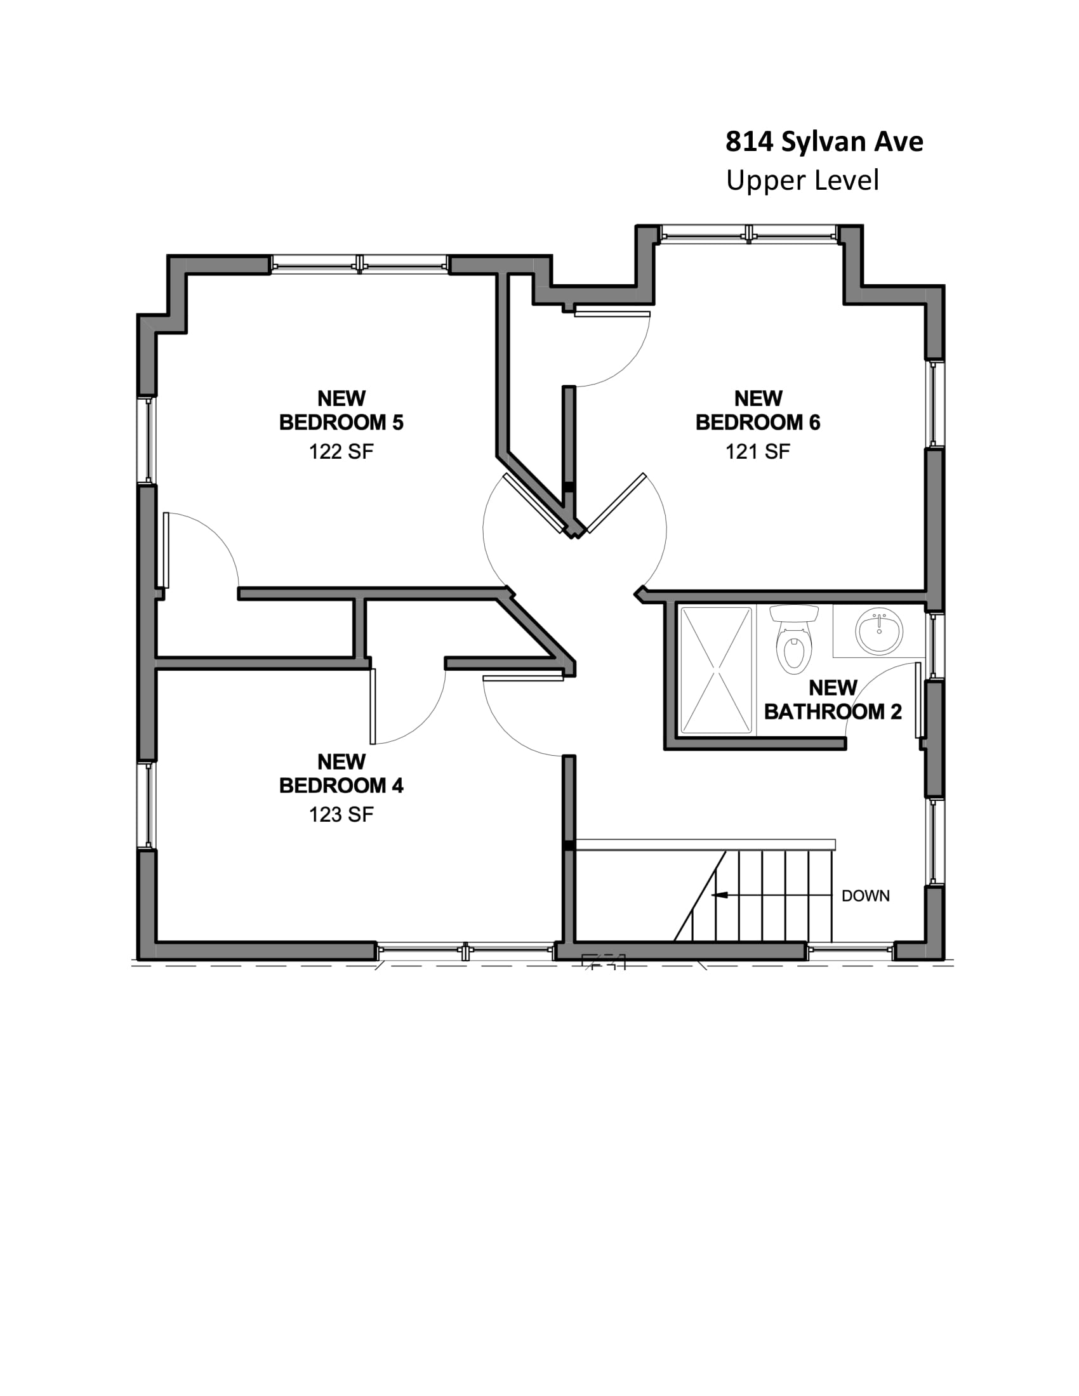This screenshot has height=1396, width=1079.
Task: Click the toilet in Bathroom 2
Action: click(x=793, y=639)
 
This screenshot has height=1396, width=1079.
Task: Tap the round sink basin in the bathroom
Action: click(x=879, y=631)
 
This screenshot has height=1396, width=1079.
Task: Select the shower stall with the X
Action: click(x=716, y=669)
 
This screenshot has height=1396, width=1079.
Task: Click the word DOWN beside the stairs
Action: click(x=866, y=896)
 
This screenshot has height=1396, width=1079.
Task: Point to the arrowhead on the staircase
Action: click(x=719, y=895)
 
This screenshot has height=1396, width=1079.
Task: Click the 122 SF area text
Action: click(x=341, y=452)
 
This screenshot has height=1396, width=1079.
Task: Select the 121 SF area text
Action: click(x=757, y=452)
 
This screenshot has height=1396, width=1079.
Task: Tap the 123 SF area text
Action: click(x=341, y=814)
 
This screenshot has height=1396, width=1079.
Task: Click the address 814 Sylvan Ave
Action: click(x=824, y=142)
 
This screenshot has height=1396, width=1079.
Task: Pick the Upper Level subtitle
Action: click(x=802, y=180)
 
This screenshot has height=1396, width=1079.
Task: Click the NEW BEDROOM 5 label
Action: click(x=341, y=411)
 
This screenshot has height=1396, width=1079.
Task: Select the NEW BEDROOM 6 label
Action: click(x=757, y=411)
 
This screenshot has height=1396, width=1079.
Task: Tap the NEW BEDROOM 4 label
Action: click(x=341, y=774)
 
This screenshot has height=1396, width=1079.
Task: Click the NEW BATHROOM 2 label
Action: click(x=833, y=700)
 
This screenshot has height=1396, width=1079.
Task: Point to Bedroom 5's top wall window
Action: click(x=359, y=264)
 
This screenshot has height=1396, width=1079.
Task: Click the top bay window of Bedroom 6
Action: click(x=748, y=234)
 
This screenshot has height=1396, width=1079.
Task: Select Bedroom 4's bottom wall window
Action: click(x=465, y=951)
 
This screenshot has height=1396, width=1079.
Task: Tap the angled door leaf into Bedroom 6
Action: click(x=616, y=503)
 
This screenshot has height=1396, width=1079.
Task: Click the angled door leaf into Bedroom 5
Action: click(x=534, y=504)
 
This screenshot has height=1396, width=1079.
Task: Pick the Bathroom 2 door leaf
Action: click(x=918, y=700)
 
